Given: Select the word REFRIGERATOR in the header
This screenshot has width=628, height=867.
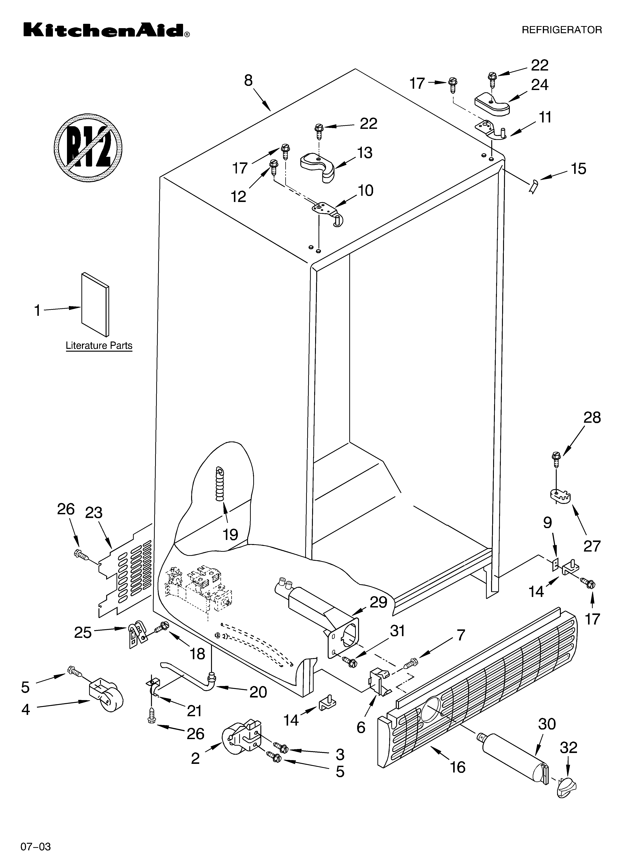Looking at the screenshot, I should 561,30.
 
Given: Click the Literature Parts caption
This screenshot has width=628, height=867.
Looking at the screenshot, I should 99,346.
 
